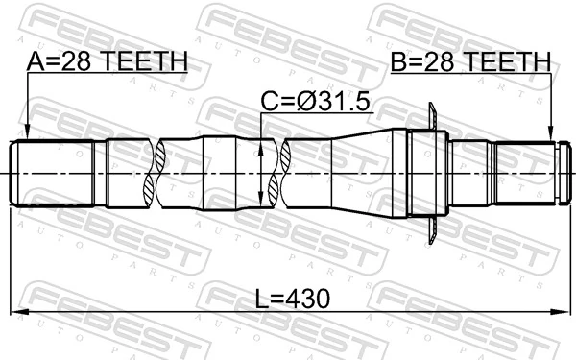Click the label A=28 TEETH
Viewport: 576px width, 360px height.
107,62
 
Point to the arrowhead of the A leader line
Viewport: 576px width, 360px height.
28,136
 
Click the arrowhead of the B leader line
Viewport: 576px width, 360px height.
551,137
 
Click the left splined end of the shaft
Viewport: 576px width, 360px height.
53,173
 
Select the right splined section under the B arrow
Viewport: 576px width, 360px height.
523,172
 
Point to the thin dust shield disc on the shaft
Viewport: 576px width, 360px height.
434,172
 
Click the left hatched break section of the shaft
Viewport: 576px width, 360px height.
152,173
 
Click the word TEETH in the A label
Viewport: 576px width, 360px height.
145,62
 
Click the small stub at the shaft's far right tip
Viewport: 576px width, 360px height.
563,172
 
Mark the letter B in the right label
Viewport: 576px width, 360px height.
398,62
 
